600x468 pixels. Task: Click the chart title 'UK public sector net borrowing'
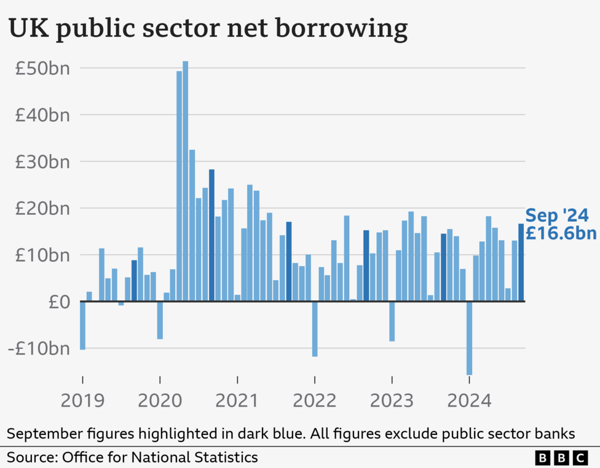click(x=207, y=29)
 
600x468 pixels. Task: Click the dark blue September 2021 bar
click(x=289, y=262)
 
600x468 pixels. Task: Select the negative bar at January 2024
click(x=469, y=338)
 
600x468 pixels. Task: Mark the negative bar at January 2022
click(x=315, y=329)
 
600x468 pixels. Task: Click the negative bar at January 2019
click(x=82, y=326)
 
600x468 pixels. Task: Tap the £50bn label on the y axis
click(x=42, y=68)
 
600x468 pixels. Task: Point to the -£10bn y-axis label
click(x=38, y=348)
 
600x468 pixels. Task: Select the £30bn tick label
click(x=42, y=162)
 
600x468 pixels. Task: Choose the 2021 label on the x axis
click(x=237, y=401)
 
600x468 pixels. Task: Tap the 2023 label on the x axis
click(x=392, y=401)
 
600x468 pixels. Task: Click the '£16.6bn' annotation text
click(x=560, y=234)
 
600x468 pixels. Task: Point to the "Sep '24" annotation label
click(x=557, y=216)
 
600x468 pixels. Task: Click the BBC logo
click(x=561, y=458)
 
